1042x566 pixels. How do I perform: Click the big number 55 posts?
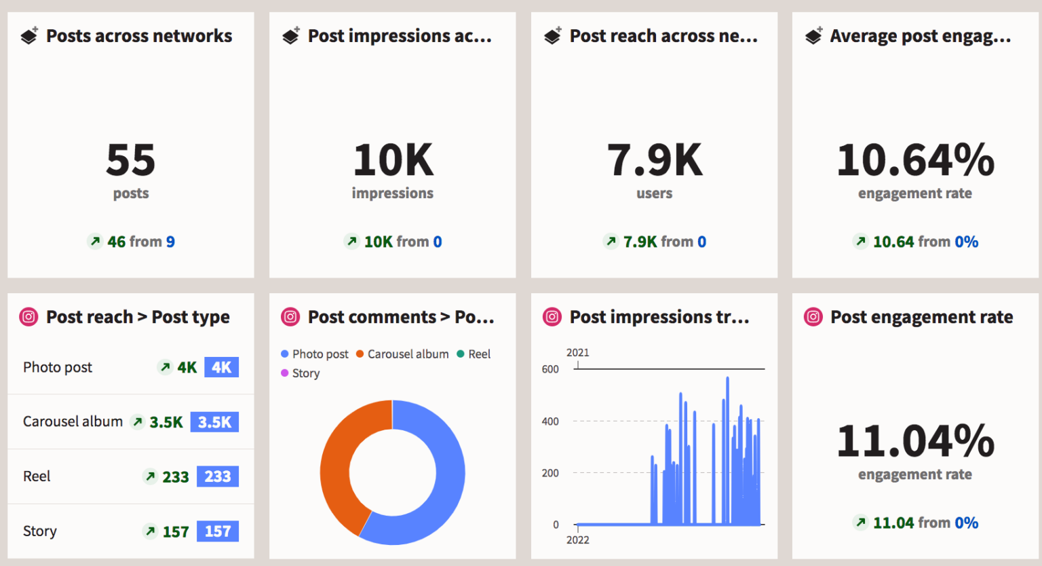pos(130,160)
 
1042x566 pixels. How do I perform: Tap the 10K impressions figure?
pos(393,160)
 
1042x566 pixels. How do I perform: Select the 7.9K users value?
pos(654,160)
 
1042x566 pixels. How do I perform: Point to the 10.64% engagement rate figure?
pos(914,160)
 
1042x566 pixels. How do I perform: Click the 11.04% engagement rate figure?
pos(914,441)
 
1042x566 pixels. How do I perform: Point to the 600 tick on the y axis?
pos(550,369)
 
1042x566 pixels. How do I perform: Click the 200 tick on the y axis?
pos(550,473)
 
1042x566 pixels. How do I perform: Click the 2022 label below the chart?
pos(577,540)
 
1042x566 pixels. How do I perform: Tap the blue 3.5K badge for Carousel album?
pos(214,422)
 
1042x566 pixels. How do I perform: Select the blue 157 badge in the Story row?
pos(218,531)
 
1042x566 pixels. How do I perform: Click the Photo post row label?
pos(58,367)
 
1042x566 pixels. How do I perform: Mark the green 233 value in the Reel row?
pos(175,477)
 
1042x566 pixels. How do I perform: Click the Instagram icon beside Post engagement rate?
pos(813,317)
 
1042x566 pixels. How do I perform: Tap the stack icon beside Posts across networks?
pos(29,36)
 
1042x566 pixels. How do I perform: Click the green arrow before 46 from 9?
pos(95,241)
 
